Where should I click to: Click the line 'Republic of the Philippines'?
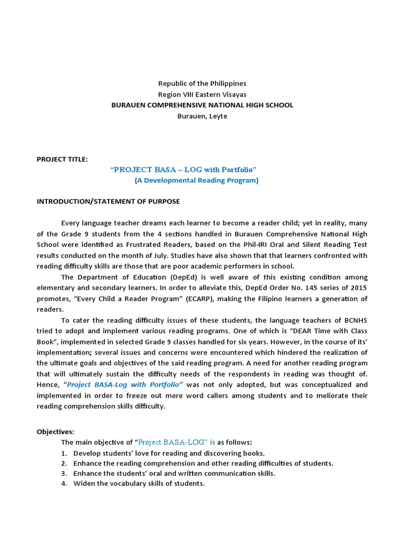(202, 83)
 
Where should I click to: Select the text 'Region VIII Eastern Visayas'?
(202, 94)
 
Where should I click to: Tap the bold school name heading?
(202, 105)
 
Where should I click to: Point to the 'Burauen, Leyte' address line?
(202, 116)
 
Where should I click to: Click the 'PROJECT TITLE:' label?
(62, 159)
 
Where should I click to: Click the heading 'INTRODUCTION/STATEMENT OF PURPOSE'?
(108, 201)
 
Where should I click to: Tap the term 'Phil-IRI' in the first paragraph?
(252, 245)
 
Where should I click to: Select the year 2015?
(358, 288)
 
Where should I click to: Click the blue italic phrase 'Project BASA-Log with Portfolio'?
(124, 385)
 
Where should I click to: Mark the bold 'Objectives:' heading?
(55, 431)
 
